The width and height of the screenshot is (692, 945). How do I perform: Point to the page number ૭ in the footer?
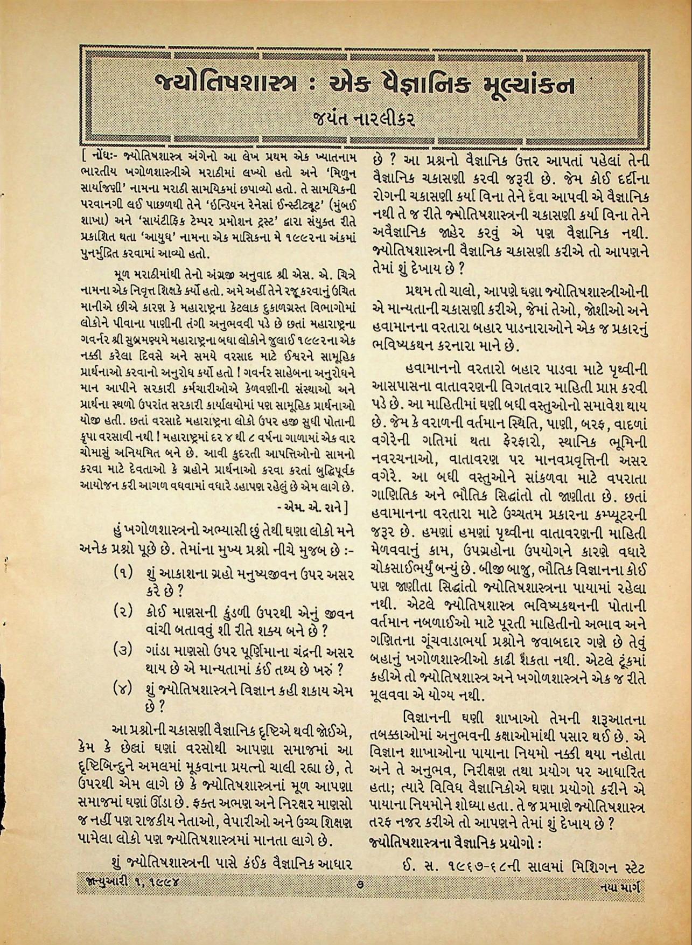[x=360, y=899]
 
